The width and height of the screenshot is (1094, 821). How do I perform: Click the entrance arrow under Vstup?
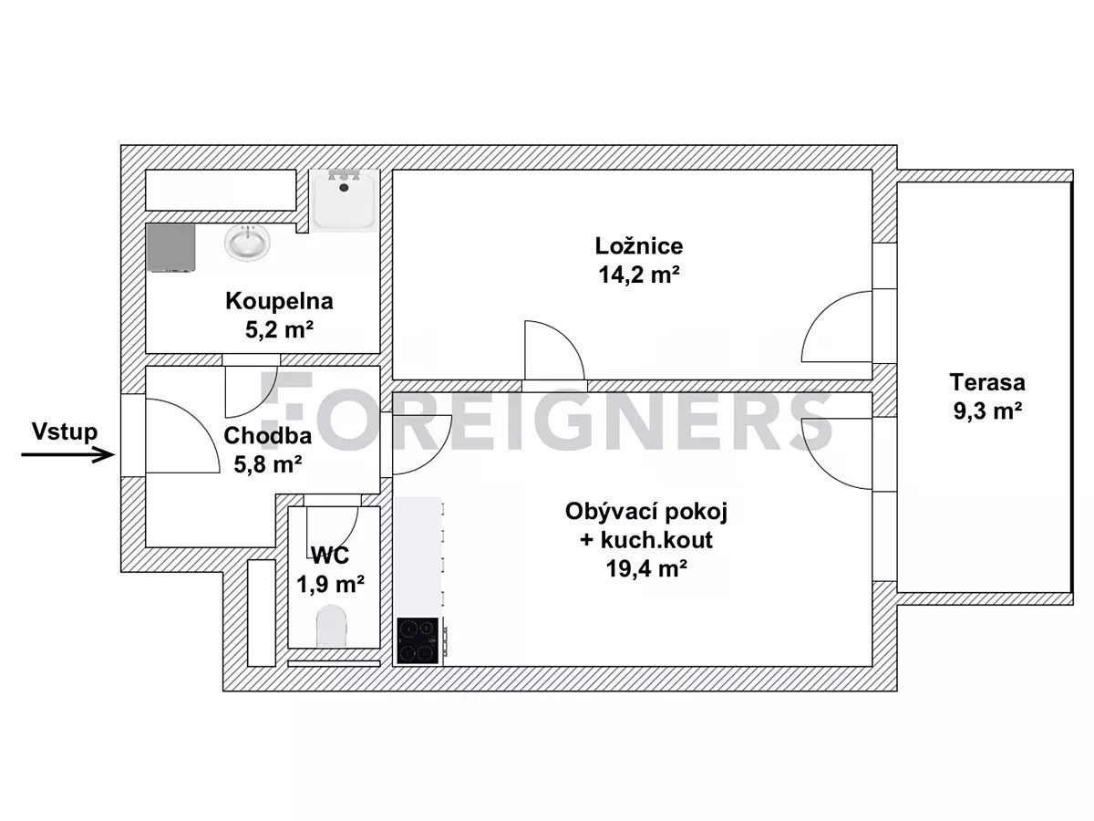point(67,454)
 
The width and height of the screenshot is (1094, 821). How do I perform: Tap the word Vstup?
point(65,431)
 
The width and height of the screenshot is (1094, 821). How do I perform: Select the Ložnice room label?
point(638,245)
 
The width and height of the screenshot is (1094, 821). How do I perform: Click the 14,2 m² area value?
point(638,275)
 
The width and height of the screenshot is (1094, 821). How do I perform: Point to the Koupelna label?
point(279,301)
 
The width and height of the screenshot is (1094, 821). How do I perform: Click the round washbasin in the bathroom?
point(247,243)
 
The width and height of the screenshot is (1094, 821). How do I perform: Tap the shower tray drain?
point(344,187)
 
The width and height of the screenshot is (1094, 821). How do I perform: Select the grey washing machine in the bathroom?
point(170,248)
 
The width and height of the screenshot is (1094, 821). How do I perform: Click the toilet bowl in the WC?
point(331,626)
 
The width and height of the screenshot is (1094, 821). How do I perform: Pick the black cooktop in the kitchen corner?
point(418,641)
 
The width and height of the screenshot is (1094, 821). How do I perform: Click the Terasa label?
point(987,382)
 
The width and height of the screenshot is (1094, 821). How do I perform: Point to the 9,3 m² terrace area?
point(987,410)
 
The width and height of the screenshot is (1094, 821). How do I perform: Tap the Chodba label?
point(268,436)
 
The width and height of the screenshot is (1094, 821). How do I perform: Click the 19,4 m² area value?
point(646,567)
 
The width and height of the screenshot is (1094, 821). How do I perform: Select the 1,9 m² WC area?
point(330,584)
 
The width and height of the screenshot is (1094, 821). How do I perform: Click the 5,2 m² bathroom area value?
point(279,329)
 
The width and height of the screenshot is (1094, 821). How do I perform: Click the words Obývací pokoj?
point(646,512)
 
